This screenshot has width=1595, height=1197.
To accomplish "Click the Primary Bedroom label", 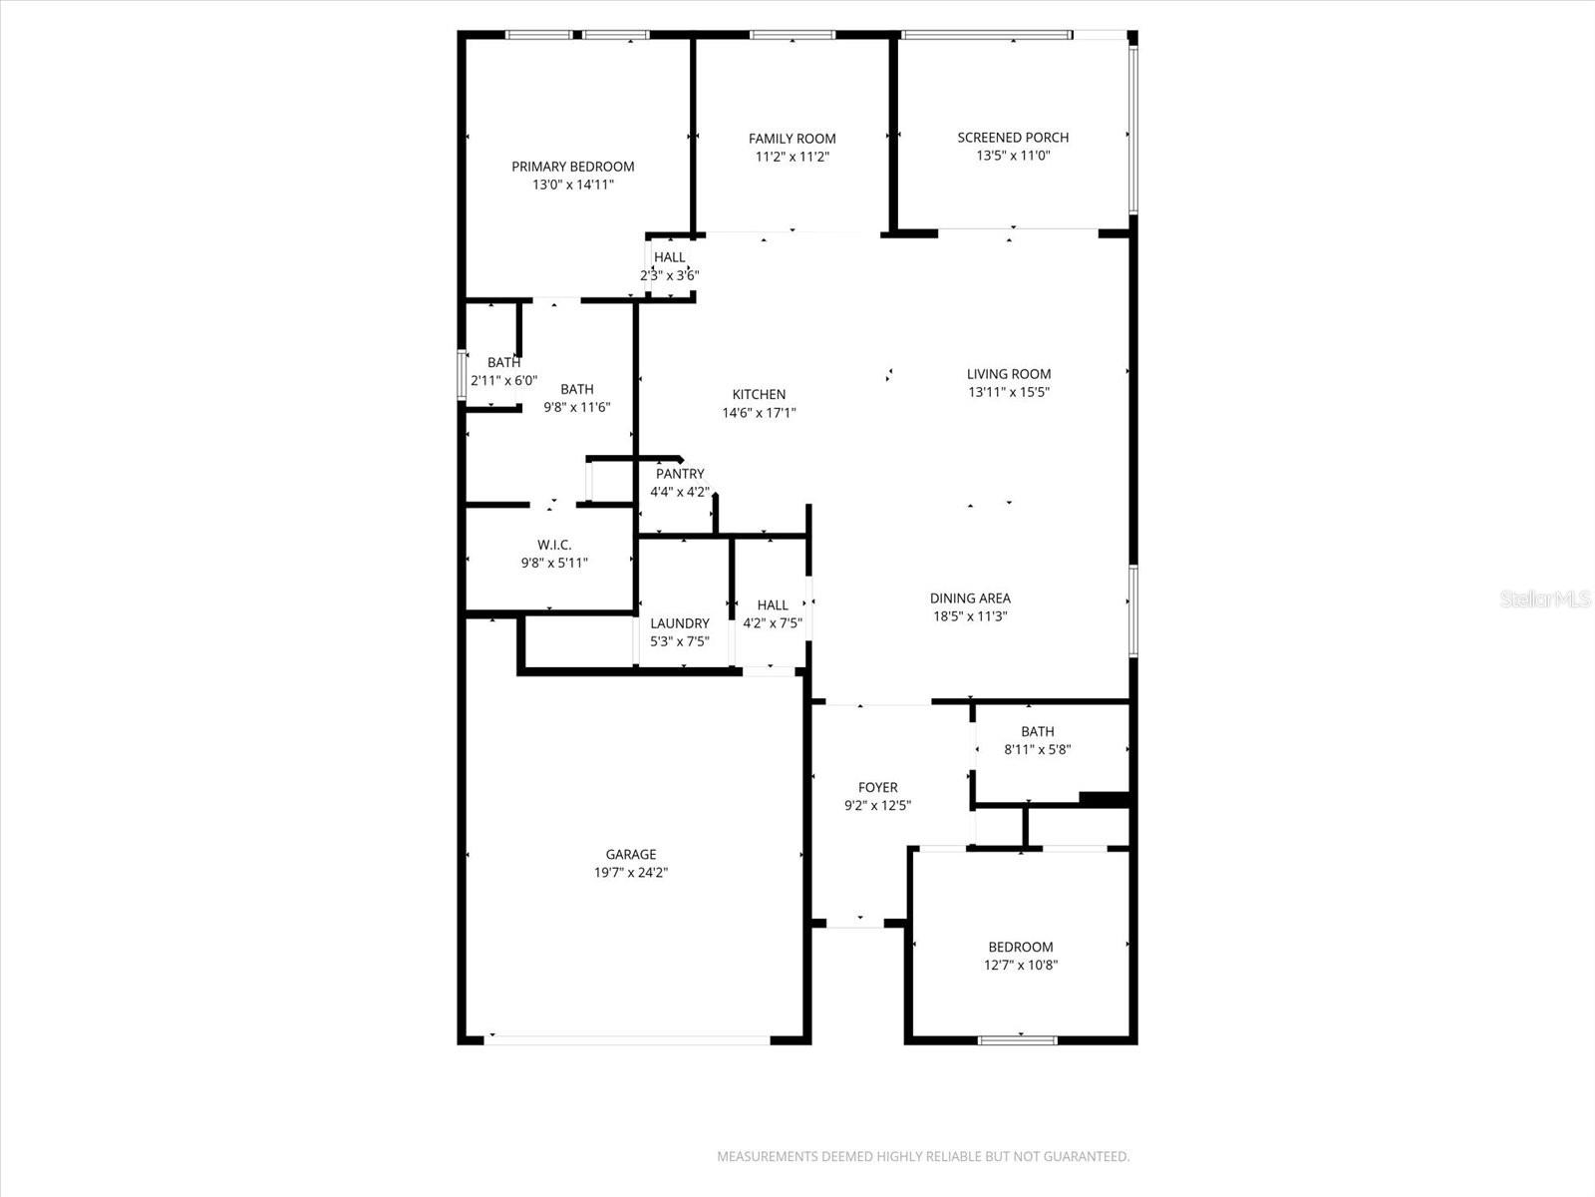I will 573,167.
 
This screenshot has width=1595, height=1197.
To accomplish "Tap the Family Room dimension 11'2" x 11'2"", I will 793,157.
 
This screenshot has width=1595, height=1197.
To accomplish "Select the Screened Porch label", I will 1013,138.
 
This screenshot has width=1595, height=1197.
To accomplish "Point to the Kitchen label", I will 759,394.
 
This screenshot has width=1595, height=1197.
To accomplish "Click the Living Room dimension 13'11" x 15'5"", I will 1009,392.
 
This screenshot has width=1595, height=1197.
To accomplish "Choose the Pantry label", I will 680,474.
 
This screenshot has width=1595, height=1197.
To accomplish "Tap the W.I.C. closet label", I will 554,545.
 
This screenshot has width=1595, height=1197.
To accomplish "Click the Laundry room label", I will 680,623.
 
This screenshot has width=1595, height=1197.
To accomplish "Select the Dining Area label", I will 970,598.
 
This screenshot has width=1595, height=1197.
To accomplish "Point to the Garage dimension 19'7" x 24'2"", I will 631,872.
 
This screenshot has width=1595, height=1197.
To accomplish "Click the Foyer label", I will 877,787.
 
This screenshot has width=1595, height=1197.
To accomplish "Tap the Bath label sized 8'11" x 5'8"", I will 1037,731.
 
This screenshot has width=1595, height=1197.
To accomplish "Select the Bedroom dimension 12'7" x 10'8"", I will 1021,965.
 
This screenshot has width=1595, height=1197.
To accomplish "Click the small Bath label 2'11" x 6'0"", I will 503,363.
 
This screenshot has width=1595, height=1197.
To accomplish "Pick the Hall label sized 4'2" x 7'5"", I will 773,604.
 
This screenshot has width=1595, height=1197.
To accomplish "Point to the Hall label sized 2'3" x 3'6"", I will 670,257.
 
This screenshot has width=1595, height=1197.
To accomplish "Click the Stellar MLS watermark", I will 1544,599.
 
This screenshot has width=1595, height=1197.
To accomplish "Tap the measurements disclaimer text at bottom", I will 923,1157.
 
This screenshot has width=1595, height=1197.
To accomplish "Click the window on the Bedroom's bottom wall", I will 1017,1040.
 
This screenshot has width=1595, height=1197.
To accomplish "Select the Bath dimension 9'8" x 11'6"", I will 576,407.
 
